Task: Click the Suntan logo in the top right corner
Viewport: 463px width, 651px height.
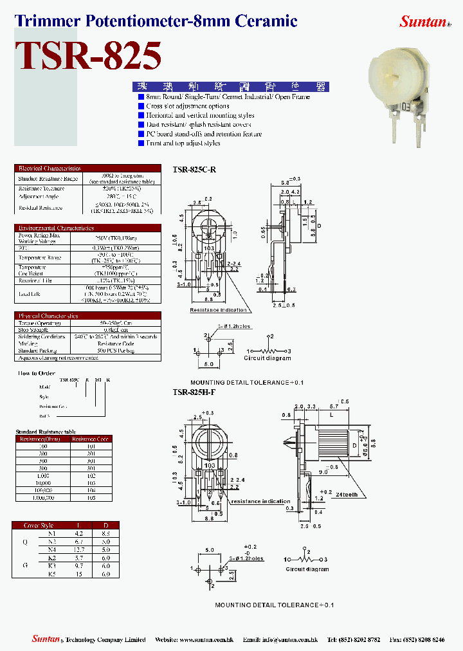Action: (424, 21)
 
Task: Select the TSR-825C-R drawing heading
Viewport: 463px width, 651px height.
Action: (194, 169)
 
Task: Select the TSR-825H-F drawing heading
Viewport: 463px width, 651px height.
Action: (194, 392)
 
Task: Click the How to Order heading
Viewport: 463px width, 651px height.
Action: (37, 373)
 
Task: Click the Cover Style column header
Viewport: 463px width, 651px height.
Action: (39, 525)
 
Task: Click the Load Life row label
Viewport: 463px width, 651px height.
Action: (29, 293)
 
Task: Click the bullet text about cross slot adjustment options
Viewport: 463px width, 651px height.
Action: (187, 106)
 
